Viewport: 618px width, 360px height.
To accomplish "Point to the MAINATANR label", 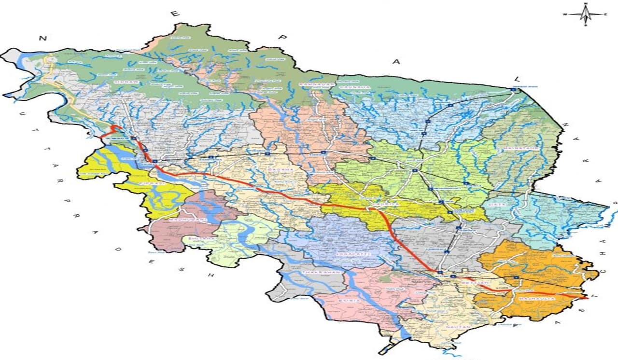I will tap(522, 148).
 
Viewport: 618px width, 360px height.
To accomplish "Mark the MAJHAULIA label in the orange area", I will tap(537, 299).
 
